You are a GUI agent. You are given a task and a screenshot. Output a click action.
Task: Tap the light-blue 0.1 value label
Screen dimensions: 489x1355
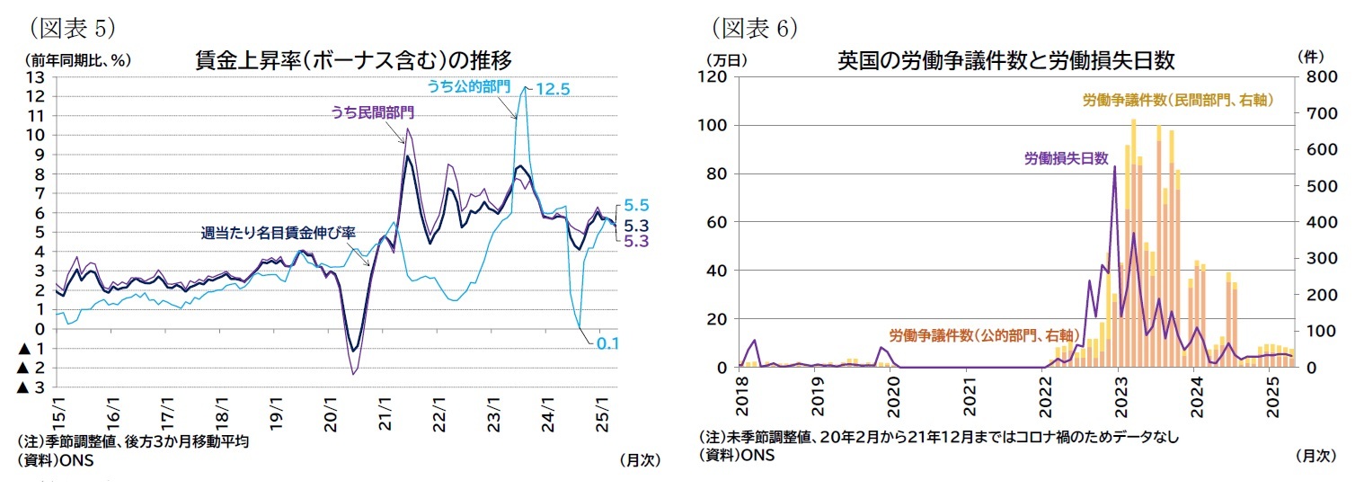click(x=608, y=344)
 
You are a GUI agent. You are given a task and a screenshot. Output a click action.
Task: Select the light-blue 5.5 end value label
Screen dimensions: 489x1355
click(x=636, y=206)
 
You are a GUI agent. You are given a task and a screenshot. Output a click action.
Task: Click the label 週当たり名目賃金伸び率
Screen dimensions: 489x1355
click(x=278, y=233)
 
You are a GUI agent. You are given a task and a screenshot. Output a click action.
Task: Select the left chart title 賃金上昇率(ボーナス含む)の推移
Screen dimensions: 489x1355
click(x=353, y=60)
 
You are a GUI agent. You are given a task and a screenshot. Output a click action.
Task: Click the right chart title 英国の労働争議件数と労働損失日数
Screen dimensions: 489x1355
click(x=1005, y=60)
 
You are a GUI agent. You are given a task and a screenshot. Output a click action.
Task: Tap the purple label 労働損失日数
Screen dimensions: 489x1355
click(x=1066, y=158)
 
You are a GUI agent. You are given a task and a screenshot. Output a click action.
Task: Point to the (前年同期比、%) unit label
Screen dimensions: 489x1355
click(x=72, y=60)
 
